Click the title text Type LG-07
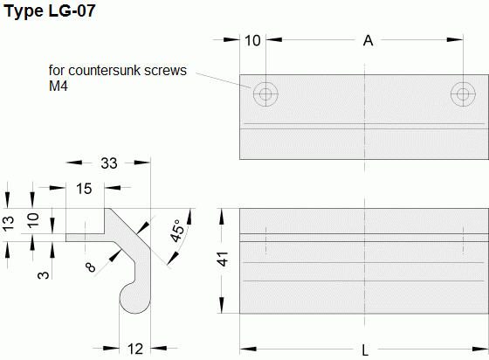[50, 10]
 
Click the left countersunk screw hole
[265, 93]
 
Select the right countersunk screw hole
[463, 93]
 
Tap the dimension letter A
[368, 40]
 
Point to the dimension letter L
[365, 350]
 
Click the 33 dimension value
[109, 163]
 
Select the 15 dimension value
[84, 189]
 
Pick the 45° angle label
[177, 231]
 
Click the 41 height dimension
[223, 259]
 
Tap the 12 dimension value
[135, 349]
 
